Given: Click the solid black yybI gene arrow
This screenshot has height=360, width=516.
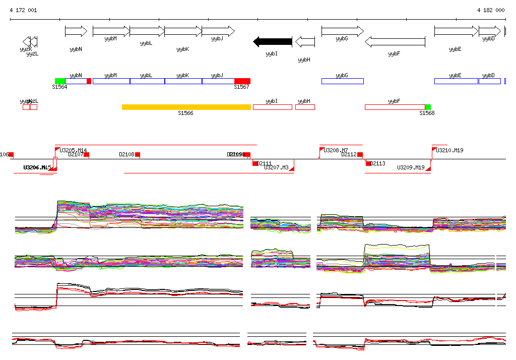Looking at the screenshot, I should [x=273, y=41].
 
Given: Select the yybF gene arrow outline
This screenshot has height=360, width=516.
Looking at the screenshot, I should [x=394, y=41].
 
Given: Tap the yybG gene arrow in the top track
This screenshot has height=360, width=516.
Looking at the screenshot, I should [x=342, y=31].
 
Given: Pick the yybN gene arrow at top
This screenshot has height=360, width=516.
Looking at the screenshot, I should [x=76, y=31].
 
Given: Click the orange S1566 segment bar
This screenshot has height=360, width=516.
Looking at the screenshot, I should [x=186, y=107].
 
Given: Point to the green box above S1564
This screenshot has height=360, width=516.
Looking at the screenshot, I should [x=60, y=81].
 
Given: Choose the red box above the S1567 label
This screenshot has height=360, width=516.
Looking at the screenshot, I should [x=242, y=81].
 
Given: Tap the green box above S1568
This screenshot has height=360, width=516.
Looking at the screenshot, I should [x=428, y=107].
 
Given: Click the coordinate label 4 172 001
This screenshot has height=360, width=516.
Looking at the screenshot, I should [x=23, y=10].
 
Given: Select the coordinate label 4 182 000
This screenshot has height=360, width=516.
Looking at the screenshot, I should [x=491, y=10].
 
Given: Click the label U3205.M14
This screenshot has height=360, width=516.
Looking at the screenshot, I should [x=73, y=150].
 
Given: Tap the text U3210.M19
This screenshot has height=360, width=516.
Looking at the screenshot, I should [x=449, y=150].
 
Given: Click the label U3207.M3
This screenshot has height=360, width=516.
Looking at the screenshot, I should [x=276, y=167].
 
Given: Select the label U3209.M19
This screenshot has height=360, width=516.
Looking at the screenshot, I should [x=411, y=167].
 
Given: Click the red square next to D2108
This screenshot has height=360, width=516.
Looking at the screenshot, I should [x=138, y=155].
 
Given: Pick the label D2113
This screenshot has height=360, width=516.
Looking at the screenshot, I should [x=378, y=163].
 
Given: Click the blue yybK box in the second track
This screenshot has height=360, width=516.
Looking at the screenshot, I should [x=183, y=81].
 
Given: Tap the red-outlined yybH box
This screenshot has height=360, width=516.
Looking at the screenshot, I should [x=305, y=107].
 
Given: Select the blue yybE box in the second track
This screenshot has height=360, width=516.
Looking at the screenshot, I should [x=456, y=81].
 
